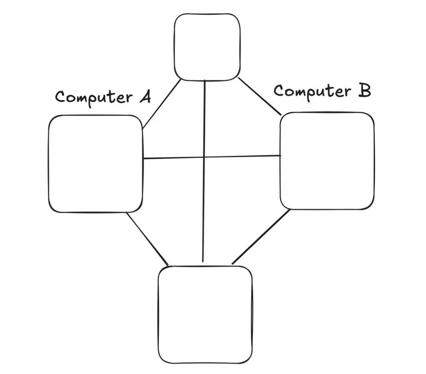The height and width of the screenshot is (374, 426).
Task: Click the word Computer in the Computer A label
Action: tap(94, 97)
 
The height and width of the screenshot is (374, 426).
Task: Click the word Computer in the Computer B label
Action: tap(311, 91)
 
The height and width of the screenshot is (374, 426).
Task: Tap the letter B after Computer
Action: tap(364, 91)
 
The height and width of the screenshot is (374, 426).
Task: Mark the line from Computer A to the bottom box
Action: tap(147, 238)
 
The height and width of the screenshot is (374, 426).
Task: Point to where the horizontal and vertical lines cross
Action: tap(204, 157)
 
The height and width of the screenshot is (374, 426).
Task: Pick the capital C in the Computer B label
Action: tap(279, 91)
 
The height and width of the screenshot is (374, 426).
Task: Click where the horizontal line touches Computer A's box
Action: tap(143, 159)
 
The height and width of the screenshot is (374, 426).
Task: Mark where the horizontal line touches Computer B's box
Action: tap(281, 156)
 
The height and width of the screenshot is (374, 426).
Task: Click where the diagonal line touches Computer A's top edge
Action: tap(143, 128)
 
